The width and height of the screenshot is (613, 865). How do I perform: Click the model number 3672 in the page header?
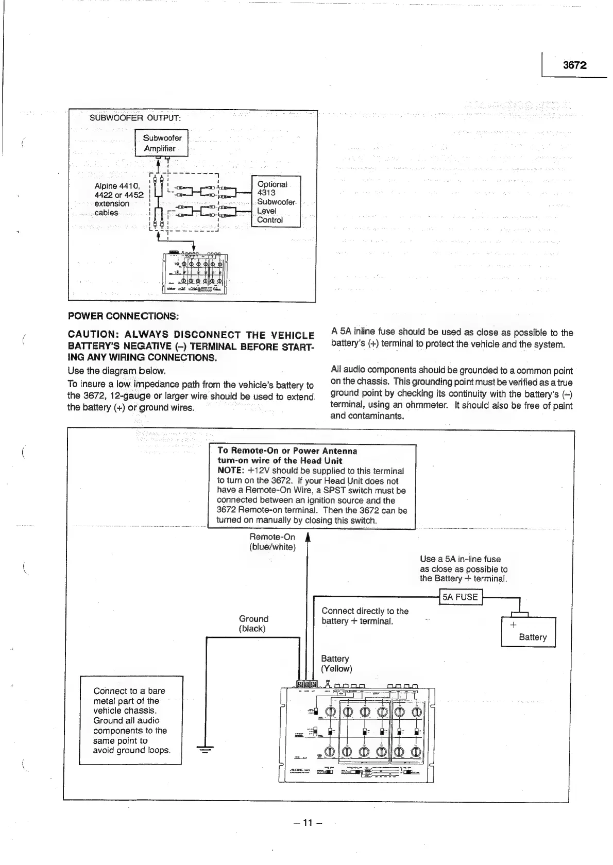coord(574,65)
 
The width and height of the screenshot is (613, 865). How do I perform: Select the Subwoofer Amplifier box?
coord(162,143)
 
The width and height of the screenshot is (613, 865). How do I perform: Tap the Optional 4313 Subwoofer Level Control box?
coord(276,202)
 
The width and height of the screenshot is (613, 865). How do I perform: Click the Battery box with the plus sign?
coord(529,631)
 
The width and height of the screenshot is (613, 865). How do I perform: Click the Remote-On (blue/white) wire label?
coord(272,542)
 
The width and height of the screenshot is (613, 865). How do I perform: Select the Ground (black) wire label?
coord(253,624)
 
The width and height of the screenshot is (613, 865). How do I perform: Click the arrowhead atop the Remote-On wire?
coord(308,538)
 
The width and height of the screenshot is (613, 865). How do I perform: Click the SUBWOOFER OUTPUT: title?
coord(135,117)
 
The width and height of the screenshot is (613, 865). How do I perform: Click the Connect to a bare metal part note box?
coord(131,720)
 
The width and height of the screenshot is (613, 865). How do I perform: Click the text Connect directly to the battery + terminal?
coord(365,616)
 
